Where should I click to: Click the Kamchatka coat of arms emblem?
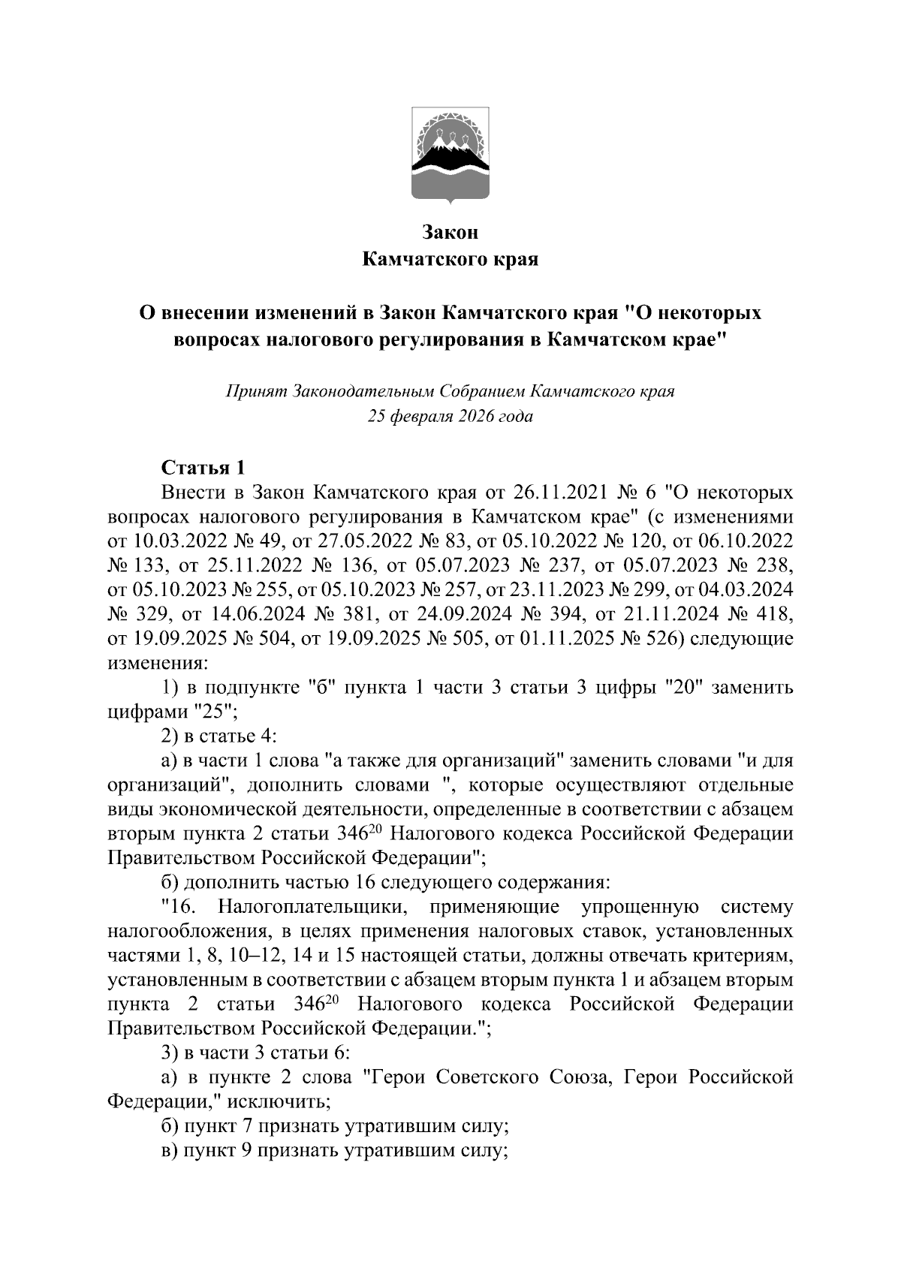coord(450,156)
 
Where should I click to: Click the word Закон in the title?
coord(450,232)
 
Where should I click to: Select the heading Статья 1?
coord(203,468)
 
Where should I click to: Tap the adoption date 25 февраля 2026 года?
coord(450,416)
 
